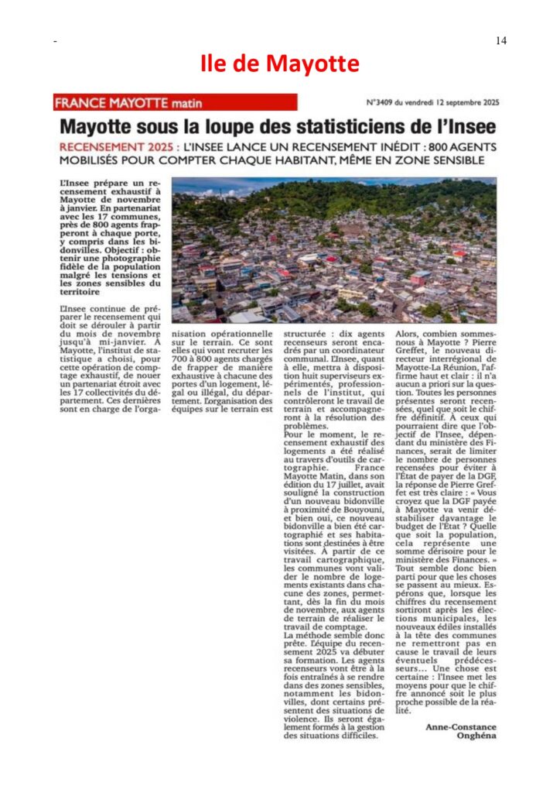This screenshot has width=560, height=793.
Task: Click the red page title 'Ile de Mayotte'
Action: pos(280,63)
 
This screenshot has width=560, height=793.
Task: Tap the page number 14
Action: pos(500,41)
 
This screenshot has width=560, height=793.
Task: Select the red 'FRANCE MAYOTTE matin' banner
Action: pos(176,102)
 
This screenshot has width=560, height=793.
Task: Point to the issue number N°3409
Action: pos(385,102)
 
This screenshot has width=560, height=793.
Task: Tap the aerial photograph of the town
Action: pos(334,250)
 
